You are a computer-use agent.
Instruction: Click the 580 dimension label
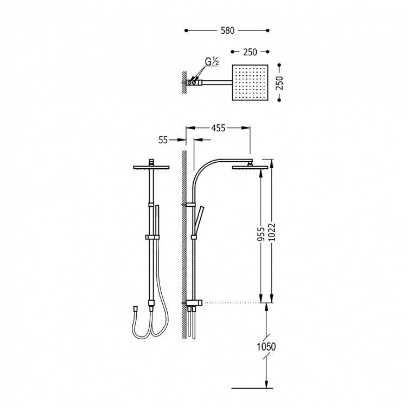(227, 30)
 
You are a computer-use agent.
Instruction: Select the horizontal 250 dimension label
(250, 52)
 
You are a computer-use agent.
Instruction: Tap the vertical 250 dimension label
(279, 83)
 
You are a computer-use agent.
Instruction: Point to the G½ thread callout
(212, 62)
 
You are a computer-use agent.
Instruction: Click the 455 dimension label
(218, 128)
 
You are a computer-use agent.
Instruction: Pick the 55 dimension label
(163, 140)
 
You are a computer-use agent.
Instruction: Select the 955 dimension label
(261, 234)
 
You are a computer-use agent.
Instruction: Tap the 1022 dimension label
(272, 232)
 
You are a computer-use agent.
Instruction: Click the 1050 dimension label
(266, 347)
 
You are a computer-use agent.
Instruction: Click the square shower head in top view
(250, 82)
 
